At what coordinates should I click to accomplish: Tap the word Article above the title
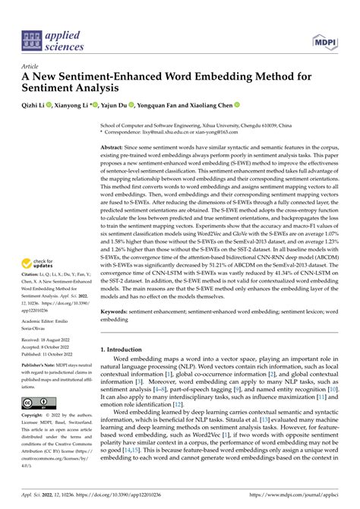31,67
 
